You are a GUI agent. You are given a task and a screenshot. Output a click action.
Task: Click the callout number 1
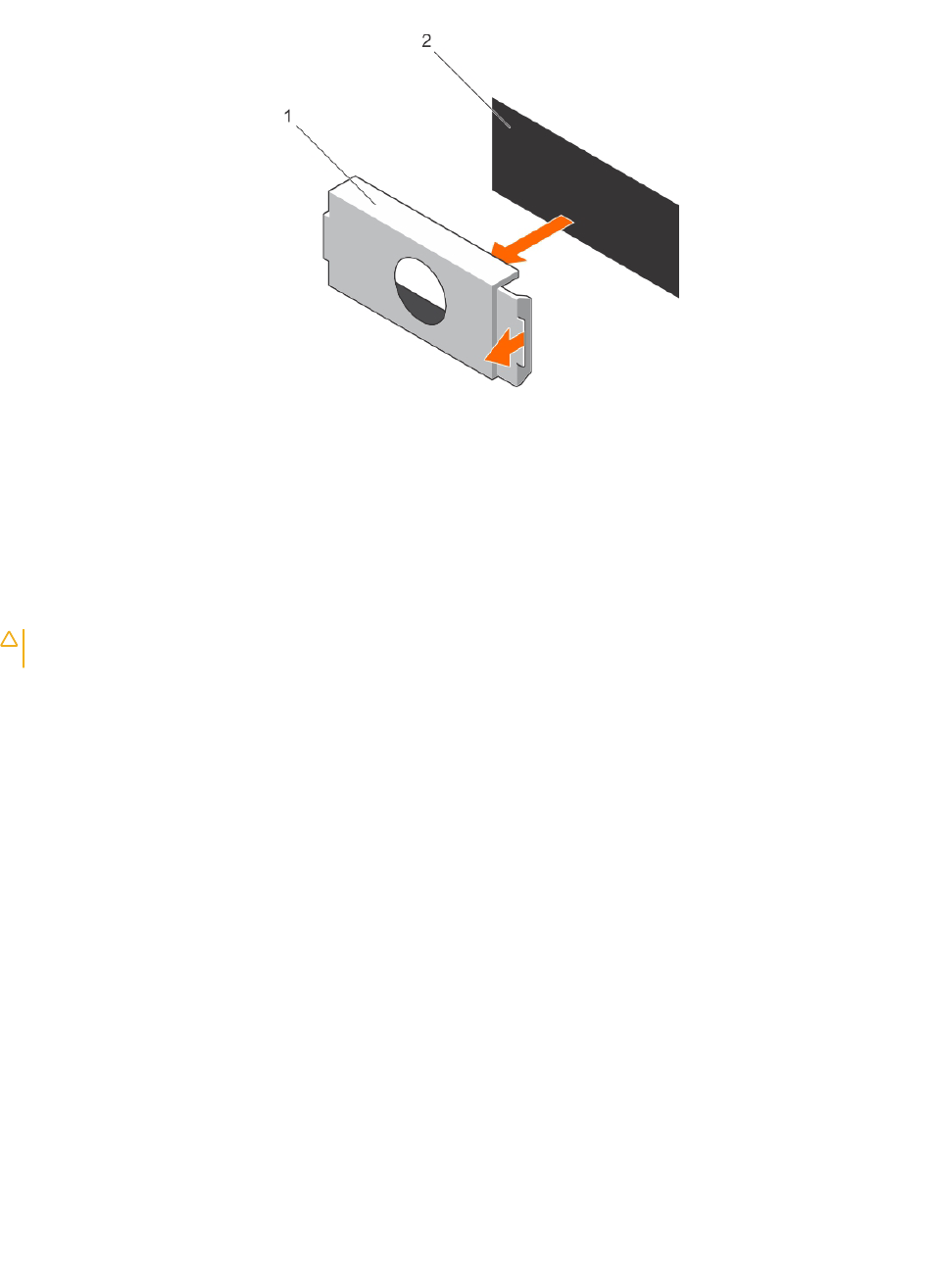[288, 117]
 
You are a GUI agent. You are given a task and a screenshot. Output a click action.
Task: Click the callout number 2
[426, 41]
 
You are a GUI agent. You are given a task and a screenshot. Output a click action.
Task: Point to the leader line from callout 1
[335, 165]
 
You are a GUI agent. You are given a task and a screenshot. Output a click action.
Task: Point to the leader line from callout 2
[471, 89]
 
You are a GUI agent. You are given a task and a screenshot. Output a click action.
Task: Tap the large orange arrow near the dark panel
[532, 239]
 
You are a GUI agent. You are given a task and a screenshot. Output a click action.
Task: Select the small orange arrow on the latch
[504, 348]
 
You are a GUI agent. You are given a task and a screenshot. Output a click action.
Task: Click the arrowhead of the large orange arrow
[505, 253]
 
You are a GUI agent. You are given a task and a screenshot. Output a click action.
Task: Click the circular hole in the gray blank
[419, 291]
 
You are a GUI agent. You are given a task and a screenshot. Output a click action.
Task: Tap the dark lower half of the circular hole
[422, 306]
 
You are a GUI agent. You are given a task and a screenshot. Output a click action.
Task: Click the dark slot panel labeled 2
[585, 197]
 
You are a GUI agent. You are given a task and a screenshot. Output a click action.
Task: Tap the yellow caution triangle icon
[9, 639]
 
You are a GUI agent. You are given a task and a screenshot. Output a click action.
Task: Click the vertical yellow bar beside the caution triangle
[24, 648]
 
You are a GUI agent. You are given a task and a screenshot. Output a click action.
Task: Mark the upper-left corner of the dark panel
[492, 97]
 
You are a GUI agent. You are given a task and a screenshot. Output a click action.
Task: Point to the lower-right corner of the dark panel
[679, 298]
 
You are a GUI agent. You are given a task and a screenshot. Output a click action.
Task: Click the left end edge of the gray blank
[326, 240]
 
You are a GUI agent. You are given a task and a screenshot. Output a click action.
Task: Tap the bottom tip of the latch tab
[517, 386]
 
